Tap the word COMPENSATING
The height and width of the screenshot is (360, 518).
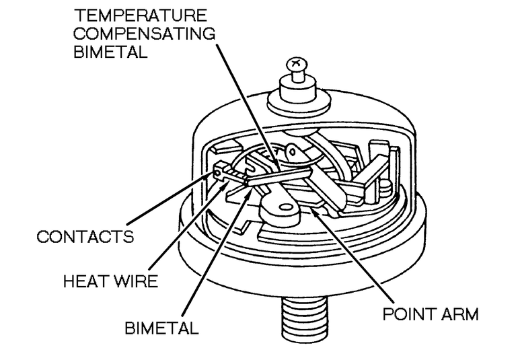[x=126, y=34]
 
